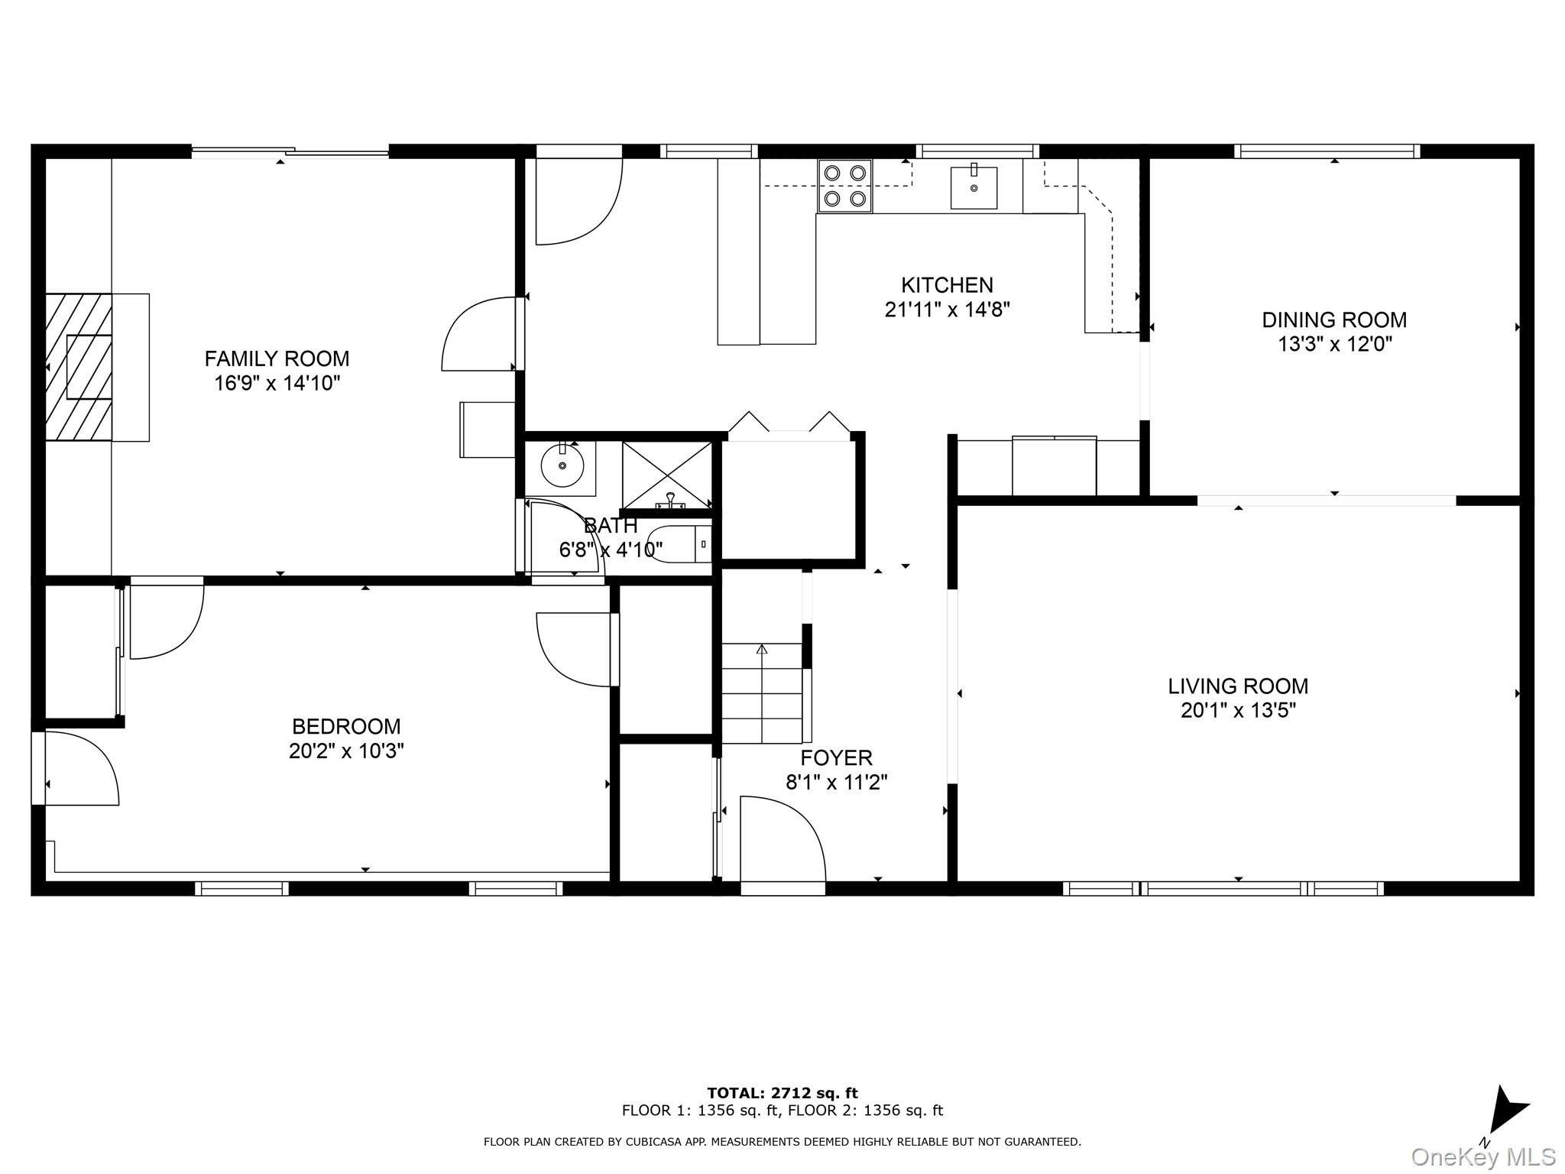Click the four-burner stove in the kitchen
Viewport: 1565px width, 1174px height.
(845, 186)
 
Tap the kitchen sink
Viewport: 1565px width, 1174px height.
(974, 186)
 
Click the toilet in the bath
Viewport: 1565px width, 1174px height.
(679, 544)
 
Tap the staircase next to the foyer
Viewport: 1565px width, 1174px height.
(762, 692)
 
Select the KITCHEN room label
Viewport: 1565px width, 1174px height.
(947, 285)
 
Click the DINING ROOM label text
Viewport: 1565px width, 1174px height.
(1334, 319)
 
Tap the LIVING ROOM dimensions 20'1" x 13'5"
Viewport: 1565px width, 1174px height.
(1238, 711)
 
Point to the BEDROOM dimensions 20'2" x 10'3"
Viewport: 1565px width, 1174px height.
(346, 751)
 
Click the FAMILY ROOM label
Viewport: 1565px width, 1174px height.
(277, 358)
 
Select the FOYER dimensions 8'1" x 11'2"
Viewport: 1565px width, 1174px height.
(837, 783)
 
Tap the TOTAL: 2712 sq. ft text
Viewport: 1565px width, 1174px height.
(782, 1093)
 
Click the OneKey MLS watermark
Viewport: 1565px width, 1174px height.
(1483, 1156)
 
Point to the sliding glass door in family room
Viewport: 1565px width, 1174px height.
(290, 152)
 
